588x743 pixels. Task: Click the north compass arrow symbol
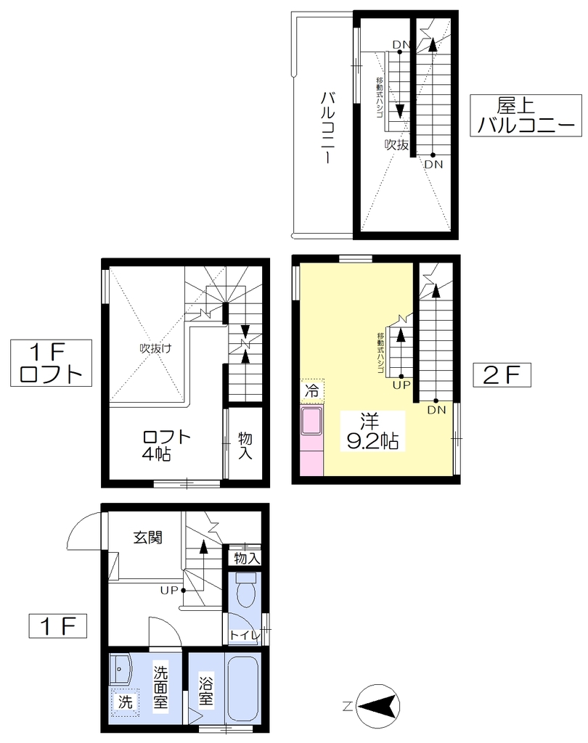378,706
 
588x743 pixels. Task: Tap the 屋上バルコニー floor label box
526,115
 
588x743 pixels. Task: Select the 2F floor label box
502,375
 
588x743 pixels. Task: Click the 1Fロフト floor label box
52,363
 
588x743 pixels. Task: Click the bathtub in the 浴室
243,688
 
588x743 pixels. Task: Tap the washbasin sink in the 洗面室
121,668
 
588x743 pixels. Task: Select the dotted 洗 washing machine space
125,702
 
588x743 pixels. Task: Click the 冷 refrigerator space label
312,391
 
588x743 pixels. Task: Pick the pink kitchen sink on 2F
312,420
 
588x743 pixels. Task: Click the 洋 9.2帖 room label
372,431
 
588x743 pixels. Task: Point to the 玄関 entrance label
148,538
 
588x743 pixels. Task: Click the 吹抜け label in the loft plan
155,348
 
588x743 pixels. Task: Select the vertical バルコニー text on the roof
327,128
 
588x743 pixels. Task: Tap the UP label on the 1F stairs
169,591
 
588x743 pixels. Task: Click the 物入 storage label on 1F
247,559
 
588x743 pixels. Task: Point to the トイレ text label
245,635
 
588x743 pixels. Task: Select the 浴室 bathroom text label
206,691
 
